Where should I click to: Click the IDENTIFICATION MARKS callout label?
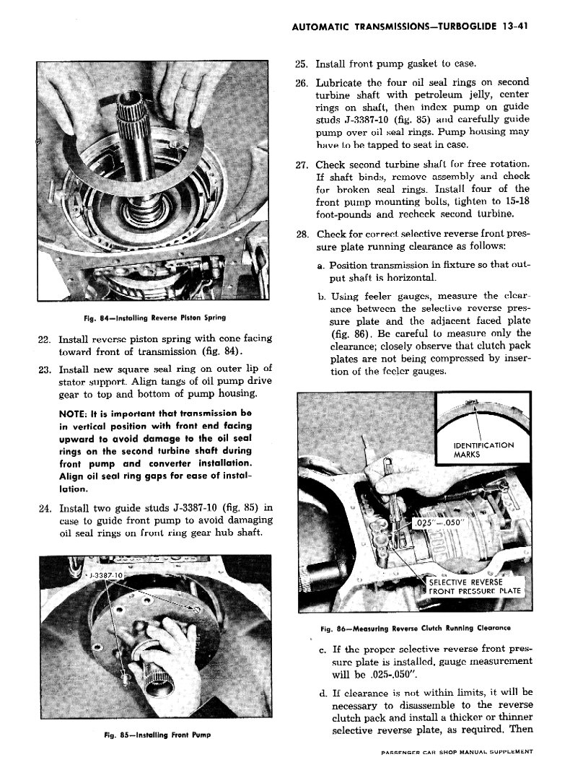pyautogui.click(x=483, y=450)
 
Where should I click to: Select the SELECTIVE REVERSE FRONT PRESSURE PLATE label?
pyautogui.click(x=474, y=587)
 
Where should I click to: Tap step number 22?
pyautogui.click(x=43, y=338)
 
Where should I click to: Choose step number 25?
pyautogui.click(x=302, y=64)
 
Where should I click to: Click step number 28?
pyautogui.click(x=302, y=235)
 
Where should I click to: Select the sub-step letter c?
pyautogui.click(x=322, y=648)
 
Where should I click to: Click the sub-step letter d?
pyautogui.click(x=322, y=693)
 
